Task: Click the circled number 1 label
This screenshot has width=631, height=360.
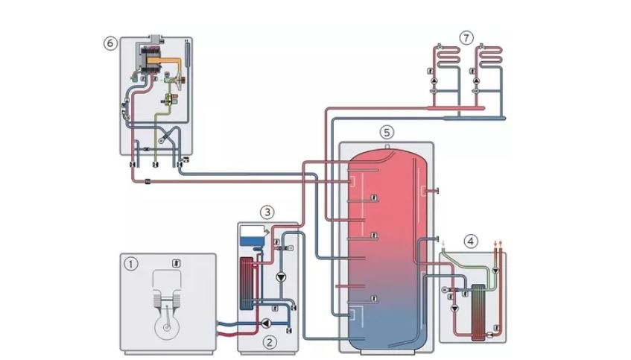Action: pos(132,263)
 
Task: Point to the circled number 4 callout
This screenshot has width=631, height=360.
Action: pos(470,241)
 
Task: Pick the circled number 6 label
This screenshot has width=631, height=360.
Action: pos(110,42)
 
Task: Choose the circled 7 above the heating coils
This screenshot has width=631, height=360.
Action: pos(467,36)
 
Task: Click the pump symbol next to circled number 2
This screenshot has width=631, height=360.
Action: pos(266,324)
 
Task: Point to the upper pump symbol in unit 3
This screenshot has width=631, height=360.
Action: pos(281,277)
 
